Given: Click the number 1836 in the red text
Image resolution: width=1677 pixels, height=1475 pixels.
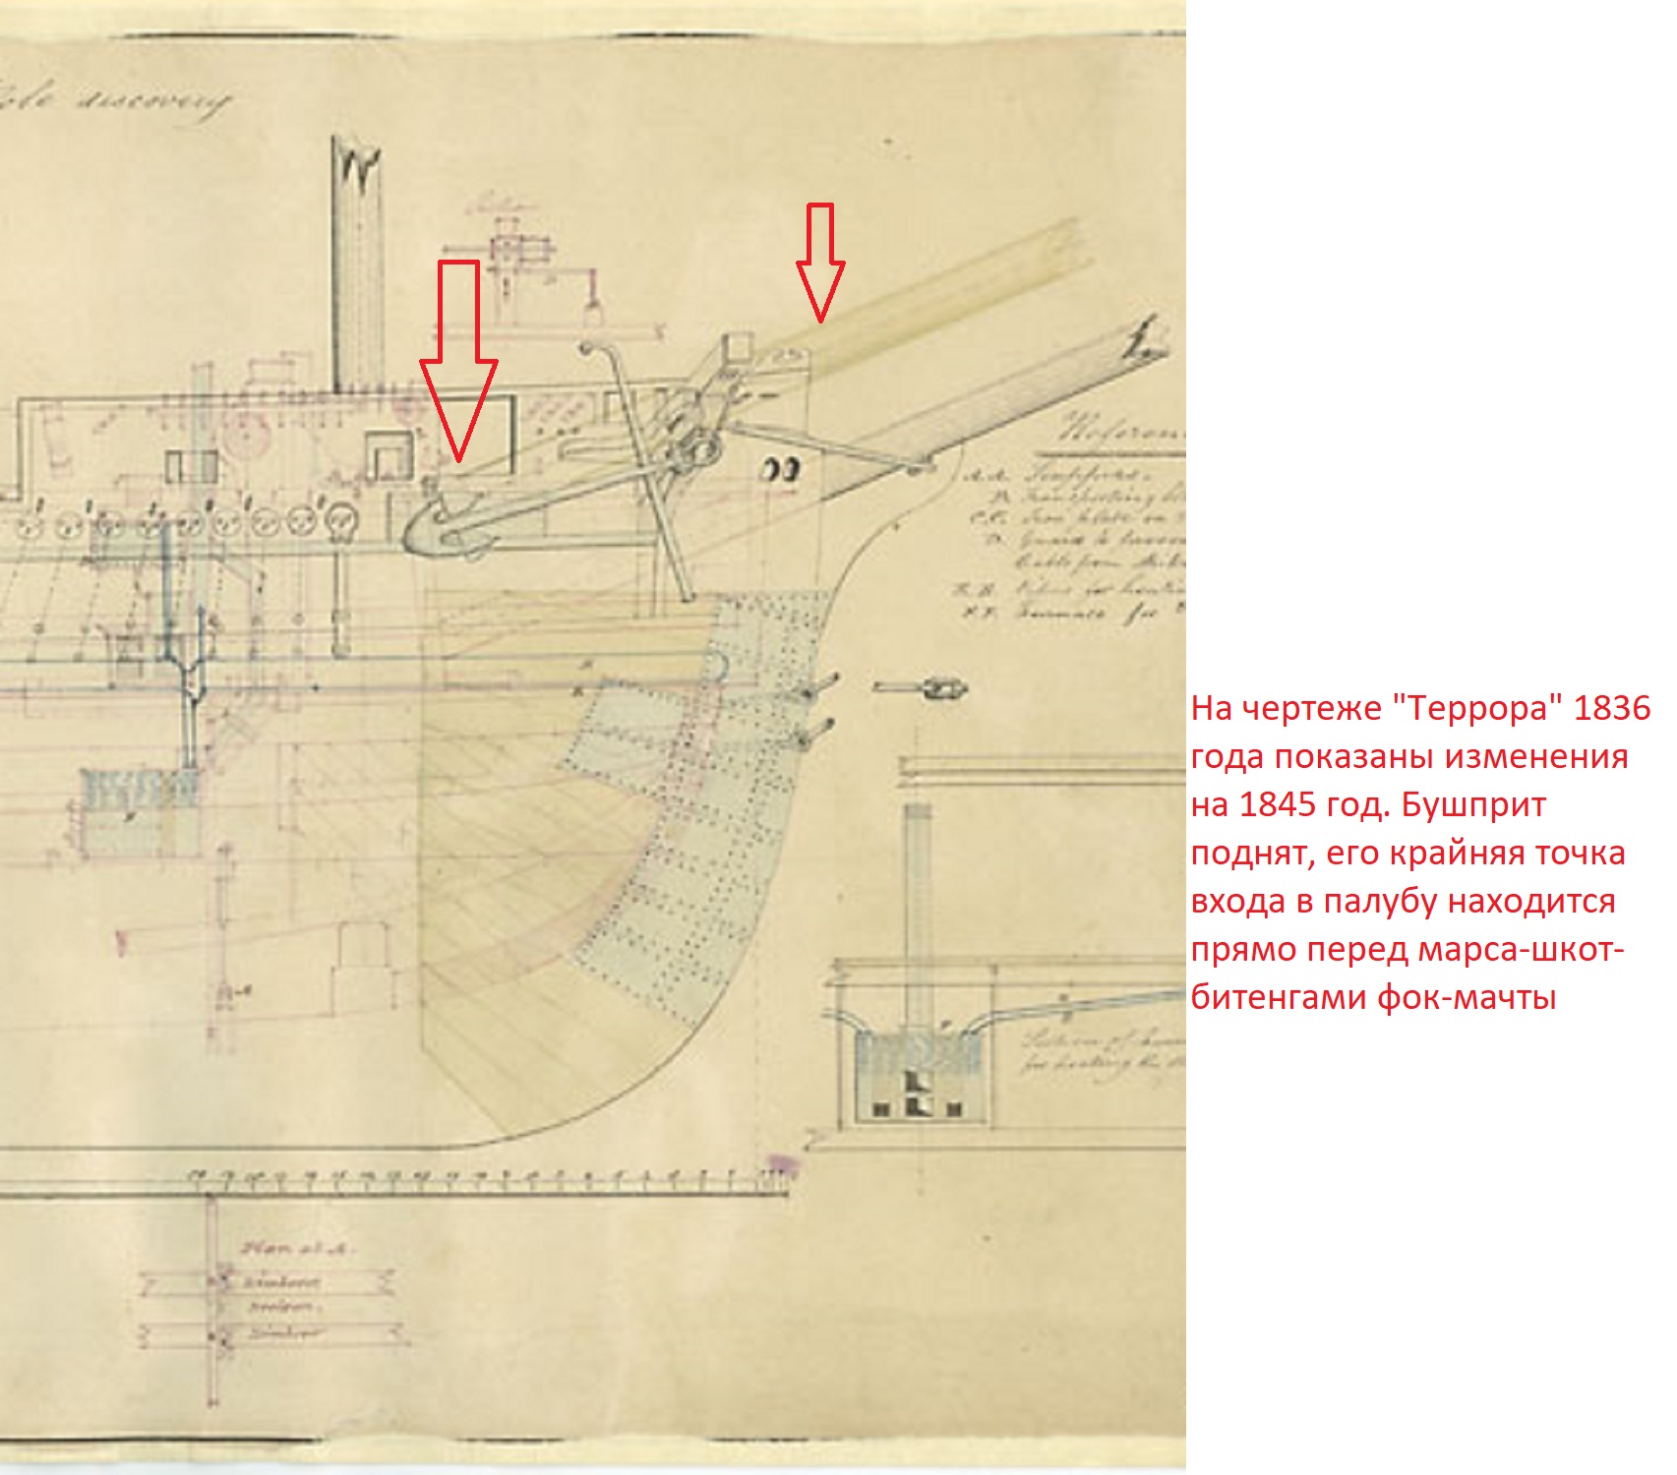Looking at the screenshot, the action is pos(1611,708).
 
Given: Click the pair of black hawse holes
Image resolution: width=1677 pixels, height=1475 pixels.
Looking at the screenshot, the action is pos(782,470).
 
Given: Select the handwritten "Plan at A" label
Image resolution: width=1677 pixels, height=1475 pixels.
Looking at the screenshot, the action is pos(296,1249).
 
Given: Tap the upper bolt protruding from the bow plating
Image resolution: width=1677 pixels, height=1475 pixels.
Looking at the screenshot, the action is pos(818,685).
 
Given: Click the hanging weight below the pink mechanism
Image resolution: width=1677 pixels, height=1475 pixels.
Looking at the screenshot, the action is pos(592,314).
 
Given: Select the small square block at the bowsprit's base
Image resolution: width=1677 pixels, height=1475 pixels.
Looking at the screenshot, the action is pos(737,346).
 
